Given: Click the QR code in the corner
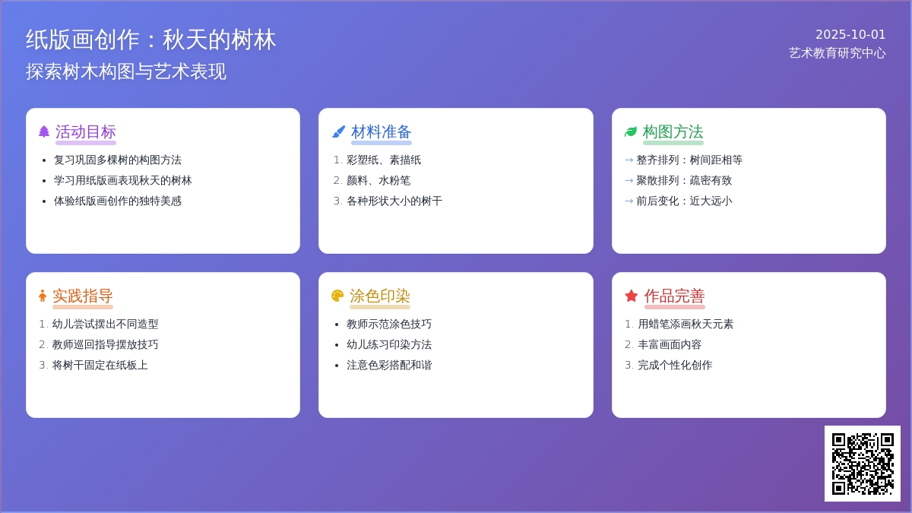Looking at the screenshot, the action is click(x=863, y=464).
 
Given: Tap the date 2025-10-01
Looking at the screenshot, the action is click(x=850, y=35).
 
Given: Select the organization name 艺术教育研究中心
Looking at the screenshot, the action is click(x=837, y=53).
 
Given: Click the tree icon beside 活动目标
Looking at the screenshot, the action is click(x=44, y=131).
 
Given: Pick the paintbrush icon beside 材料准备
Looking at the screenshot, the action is click(x=338, y=131).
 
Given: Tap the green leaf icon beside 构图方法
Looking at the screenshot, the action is click(x=631, y=131).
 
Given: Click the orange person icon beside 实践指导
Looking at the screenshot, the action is click(x=43, y=296).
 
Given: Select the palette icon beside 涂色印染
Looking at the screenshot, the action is click(x=337, y=296).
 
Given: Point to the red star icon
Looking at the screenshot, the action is click(x=631, y=296).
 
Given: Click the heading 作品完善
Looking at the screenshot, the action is click(x=674, y=296).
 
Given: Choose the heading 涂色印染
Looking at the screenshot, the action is click(x=379, y=296).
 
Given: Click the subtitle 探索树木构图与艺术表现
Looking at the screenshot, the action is click(x=126, y=71).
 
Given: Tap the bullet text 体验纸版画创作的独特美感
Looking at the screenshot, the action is click(x=118, y=201).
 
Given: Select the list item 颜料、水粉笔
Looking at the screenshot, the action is click(x=378, y=180).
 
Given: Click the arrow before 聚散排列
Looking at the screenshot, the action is click(x=629, y=180).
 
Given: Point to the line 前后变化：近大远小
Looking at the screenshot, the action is click(x=684, y=201).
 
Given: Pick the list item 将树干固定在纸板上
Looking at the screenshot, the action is click(x=100, y=365).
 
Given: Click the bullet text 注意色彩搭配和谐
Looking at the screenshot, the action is click(x=389, y=365).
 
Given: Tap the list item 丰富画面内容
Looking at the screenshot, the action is click(x=670, y=344).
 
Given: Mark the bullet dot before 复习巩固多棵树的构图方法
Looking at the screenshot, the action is click(x=44, y=160).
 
